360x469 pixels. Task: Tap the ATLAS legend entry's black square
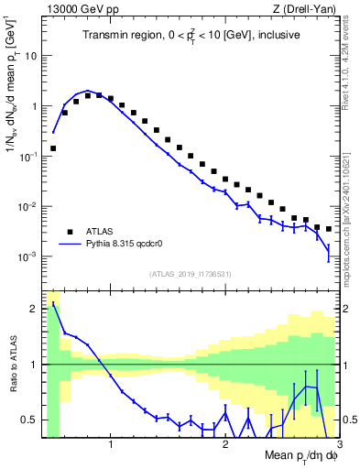70,231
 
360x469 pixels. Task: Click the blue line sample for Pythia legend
70,245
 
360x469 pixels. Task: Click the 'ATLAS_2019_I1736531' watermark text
191,275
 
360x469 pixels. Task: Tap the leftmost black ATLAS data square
53,147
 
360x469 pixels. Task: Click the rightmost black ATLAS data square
328,229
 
